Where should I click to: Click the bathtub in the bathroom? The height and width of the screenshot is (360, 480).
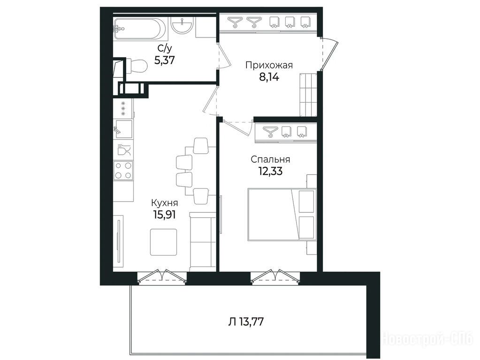tap(140, 29)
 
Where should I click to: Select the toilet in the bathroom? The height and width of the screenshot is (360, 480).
tap(136, 66)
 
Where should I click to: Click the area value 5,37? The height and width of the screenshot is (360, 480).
tap(165, 60)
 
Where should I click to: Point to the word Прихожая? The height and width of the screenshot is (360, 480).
tap(269, 65)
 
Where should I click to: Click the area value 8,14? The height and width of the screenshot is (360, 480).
tap(269, 77)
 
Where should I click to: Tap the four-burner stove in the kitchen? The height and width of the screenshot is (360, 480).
tap(123, 171)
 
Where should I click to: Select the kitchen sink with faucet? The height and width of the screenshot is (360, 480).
tap(123, 129)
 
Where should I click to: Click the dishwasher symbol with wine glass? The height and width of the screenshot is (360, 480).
tap(123, 150)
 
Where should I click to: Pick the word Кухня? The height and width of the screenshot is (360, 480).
tap(164, 203)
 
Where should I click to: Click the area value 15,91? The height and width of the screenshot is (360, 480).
tap(164, 214)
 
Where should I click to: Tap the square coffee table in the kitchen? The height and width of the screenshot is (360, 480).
tap(163, 242)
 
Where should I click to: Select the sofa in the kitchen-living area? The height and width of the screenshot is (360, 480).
tap(203, 241)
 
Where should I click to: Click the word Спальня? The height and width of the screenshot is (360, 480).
tap(270, 159)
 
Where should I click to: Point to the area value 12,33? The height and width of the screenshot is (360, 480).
tap(270, 171)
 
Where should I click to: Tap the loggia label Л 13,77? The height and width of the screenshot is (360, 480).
tap(246, 322)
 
